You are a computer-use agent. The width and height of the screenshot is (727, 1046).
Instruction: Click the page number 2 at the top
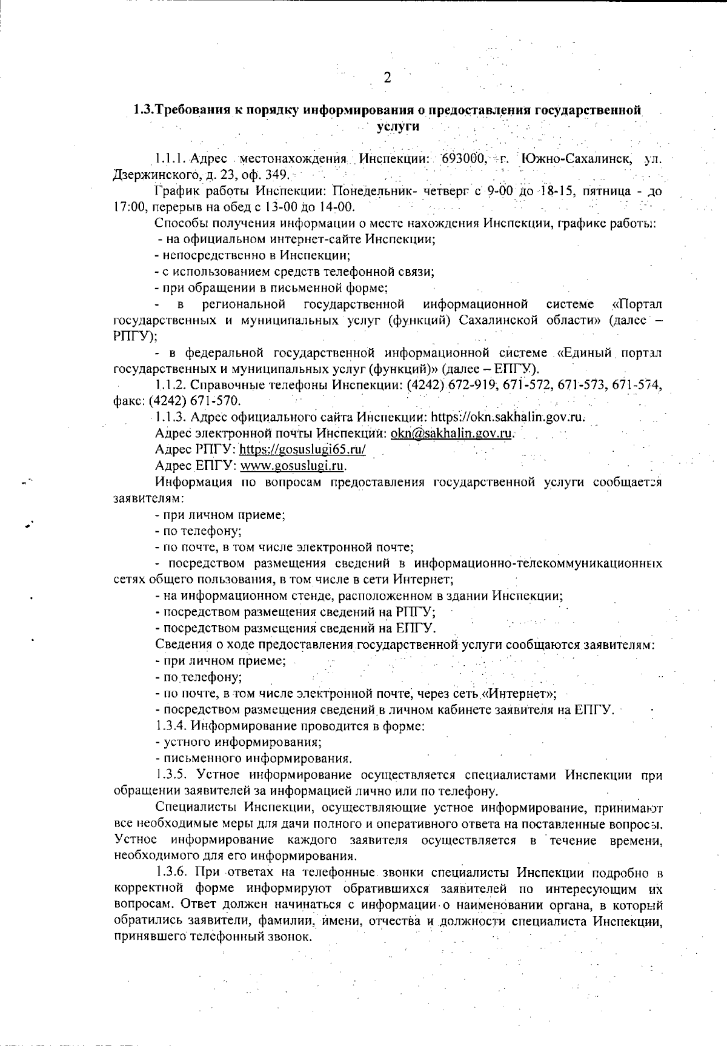(x=387, y=78)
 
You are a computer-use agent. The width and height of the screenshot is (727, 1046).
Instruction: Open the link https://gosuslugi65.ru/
(x=302, y=450)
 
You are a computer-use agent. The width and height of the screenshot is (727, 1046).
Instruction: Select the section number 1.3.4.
(x=170, y=725)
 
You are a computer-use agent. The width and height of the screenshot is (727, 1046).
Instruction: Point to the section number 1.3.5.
(x=170, y=774)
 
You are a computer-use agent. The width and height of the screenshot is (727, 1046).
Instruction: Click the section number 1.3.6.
(x=170, y=873)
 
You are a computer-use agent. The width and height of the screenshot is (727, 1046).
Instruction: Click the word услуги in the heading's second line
(x=397, y=127)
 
